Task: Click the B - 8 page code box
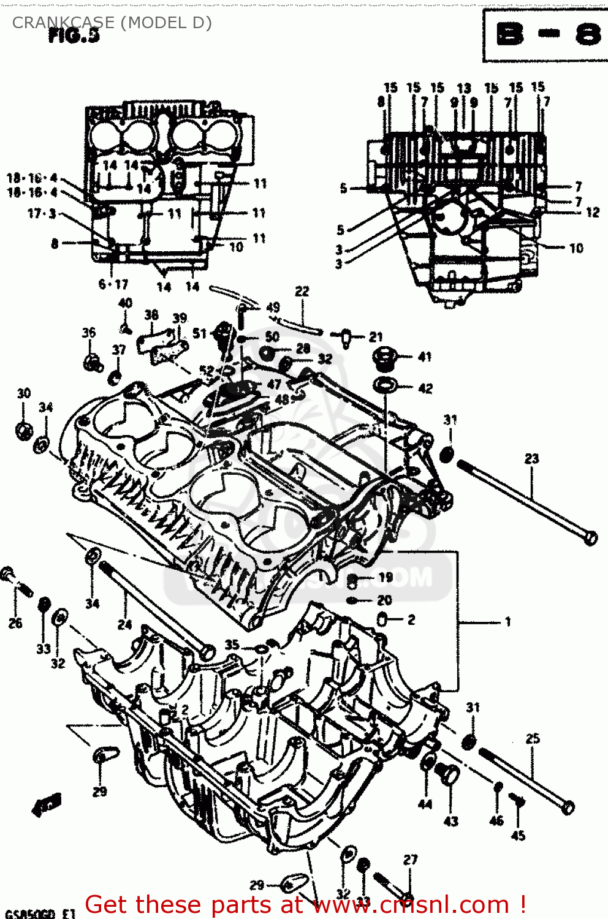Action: (x=545, y=35)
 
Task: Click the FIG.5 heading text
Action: (x=74, y=36)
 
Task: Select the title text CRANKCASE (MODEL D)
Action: (x=112, y=23)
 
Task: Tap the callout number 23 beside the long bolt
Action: (x=531, y=458)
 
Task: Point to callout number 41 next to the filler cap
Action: (x=425, y=357)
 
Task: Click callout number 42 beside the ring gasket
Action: (x=425, y=388)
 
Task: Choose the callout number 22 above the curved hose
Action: (x=302, y=292)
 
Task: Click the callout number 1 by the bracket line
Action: (x=507, y=622)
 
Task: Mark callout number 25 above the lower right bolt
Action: (x=533, y=738)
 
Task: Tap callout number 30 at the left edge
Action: (x=23, y=393)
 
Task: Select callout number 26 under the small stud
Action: (x=15, y=623)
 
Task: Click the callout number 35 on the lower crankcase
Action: (x=232, y=645)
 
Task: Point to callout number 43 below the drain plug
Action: (x=450, y=821)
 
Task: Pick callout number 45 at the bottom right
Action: (x=518, y=835)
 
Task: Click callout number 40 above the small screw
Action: (x=125, y=303)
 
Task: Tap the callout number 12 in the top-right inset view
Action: (x=592, y=213)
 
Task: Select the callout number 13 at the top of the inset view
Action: (x=464, y=88)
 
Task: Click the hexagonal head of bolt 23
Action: (x=590, y=538)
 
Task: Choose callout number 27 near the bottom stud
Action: (x=410, y=860)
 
